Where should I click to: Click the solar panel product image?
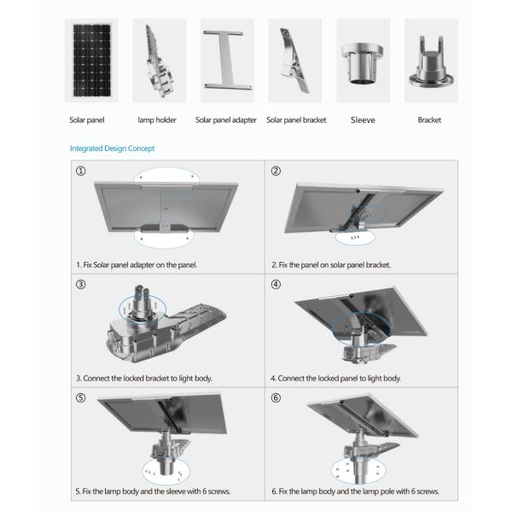point(90,61)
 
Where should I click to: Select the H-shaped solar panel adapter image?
point(226,61)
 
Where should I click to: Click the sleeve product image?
point(362,61)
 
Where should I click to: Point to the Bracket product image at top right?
point(429,61)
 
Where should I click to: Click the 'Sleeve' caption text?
point(362,120)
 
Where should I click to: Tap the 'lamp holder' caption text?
point(157,120)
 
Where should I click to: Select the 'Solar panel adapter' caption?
point(226,120)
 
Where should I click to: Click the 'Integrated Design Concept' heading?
point(113,148)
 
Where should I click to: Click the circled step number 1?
point(80,171)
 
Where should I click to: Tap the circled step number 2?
point(276,171)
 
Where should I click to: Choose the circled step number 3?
point(80,284)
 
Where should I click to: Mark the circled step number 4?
point(276,284)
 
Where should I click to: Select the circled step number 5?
point(80,398)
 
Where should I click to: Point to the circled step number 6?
point(276,398)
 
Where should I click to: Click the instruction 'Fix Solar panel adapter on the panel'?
point(137,265)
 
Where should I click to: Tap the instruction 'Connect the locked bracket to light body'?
point(143,378)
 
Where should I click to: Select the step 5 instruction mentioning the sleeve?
point(153,492)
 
